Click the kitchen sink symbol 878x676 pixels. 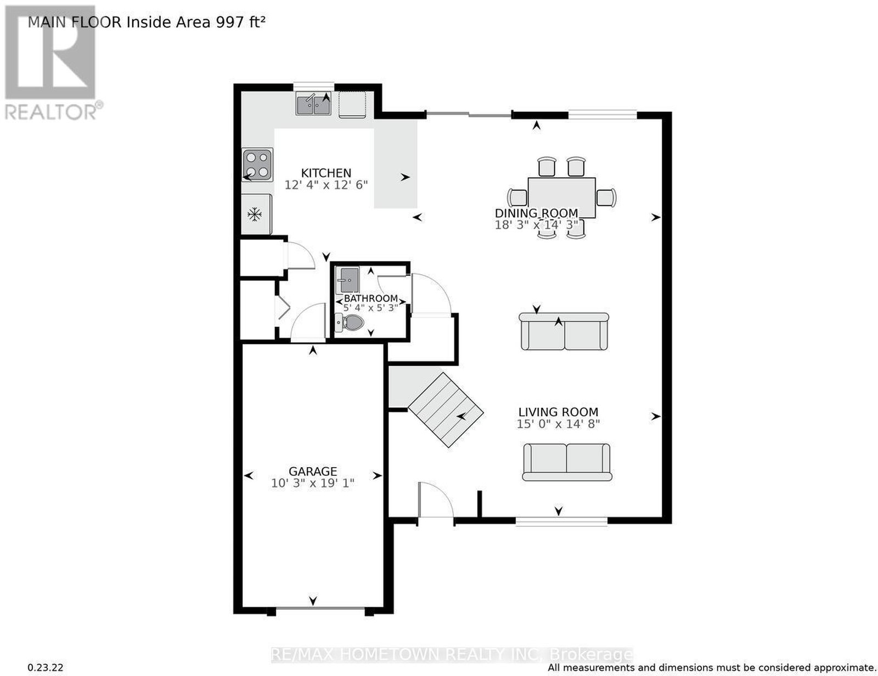coord(313,103)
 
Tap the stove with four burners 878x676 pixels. coord(257,164)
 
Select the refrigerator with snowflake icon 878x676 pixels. coord(257,214)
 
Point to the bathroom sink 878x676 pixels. coord(347,280)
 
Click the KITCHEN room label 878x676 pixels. coord(326,173)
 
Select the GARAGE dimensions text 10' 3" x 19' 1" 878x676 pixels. coord(312,484)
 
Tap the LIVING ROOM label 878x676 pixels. coord(558,412)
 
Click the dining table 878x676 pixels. coord(561,198)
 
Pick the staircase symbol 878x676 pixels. coord(446,410)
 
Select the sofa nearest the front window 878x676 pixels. coord(566,462)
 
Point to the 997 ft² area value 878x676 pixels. coord(241,22)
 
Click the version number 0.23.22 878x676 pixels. coord(45,668)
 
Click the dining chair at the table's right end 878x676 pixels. coord(606,198)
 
